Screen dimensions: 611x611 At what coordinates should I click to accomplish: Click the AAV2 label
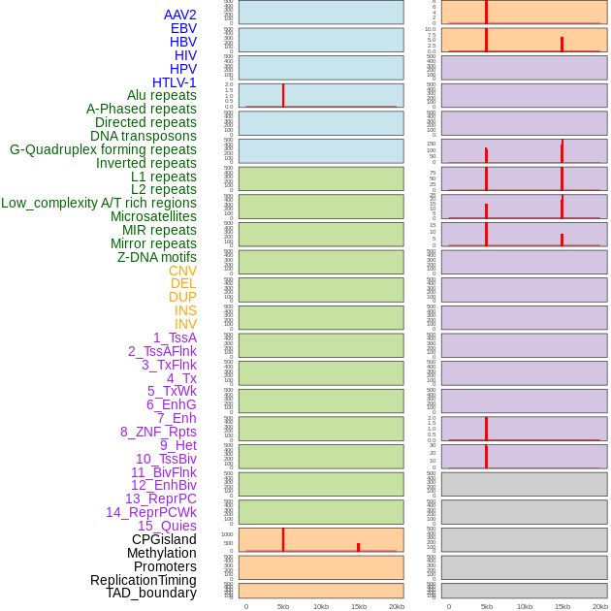(x=179, y=15)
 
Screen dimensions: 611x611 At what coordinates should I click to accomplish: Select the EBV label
(x=182, y=28)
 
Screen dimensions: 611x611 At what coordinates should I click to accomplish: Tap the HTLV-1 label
(x=174, y=82)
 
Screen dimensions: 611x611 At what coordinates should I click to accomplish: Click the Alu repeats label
(x=161, y=95)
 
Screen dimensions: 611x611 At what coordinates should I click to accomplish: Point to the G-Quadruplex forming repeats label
(x=103, y=149)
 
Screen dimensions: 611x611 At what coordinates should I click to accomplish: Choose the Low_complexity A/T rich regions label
(x=99, y=203)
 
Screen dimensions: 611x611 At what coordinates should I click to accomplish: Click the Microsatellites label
(x=153, y=216)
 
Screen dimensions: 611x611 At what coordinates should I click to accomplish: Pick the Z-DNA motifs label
(x=157, y=257)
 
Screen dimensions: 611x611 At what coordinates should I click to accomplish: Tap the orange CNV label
(x=182, y=271)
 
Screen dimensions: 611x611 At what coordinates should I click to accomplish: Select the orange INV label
(x=185, y=324)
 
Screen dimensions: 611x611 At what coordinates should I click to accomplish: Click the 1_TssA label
(x=175, y=338)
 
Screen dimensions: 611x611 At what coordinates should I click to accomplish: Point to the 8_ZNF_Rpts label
(x=158, y=432)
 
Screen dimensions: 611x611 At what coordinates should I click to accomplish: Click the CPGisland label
(x=164, y=539)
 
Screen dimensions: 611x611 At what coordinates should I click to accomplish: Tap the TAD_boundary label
(x=151, y=593)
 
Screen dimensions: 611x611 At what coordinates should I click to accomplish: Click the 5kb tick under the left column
(x=283, y=606)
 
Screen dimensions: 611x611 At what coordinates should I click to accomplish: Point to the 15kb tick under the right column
(x=562, y=606)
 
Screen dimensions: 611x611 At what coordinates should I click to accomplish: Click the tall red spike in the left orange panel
(x=283, y=539)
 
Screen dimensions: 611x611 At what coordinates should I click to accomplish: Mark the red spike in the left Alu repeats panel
(x=283, y=95)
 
